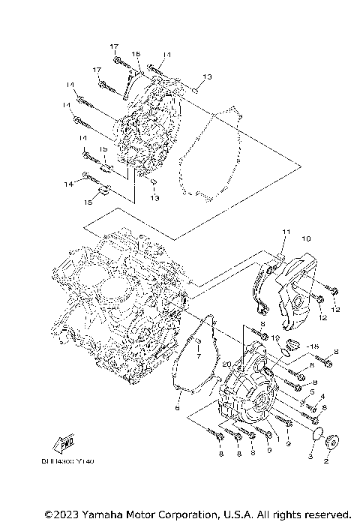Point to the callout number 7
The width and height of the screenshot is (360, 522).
(199, 358)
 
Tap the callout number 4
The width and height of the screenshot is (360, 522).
(322, 396)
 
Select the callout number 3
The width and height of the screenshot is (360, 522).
(310, 456)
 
